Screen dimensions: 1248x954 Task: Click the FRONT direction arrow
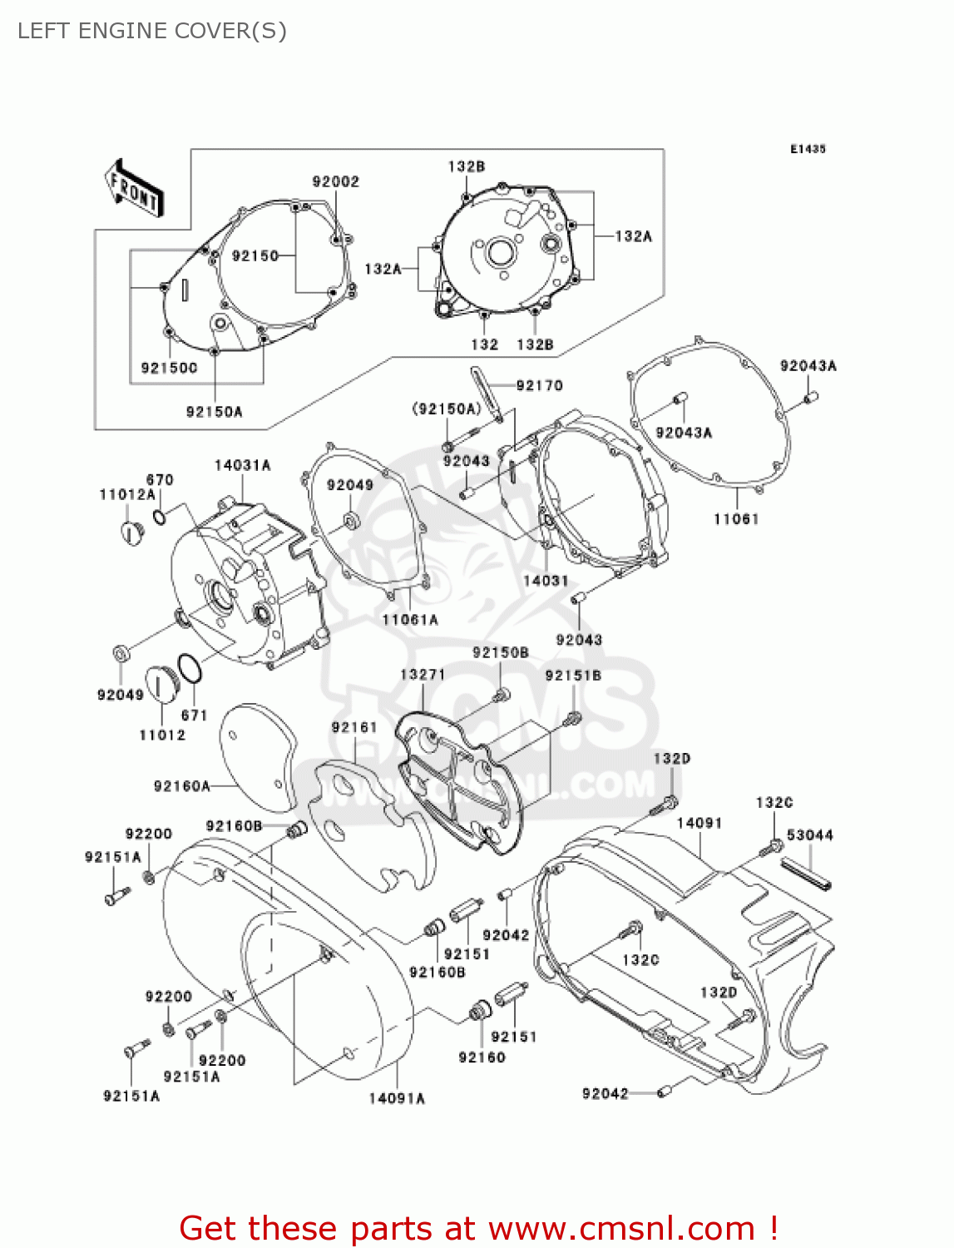click(x=133, y=189)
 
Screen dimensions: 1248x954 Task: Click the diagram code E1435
click(x=808, y=149)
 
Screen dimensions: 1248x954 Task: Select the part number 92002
click(x=336, y=181)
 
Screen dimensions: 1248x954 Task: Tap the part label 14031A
click(x=242, y=466)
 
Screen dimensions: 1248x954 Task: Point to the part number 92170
click(x=539, y=385)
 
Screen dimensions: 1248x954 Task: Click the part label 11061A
click(x=410, y=620)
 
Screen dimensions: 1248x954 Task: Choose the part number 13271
click(x=423, y=675)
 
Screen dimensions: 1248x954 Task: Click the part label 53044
click(x=809, y=834)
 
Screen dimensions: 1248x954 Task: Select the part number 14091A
click(x=397, y=1098)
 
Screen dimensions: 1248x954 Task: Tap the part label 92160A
click(x=182, y=786)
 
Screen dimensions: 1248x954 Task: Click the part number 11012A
click(x=127, y=494)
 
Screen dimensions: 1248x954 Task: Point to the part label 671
click(x=194, y=715)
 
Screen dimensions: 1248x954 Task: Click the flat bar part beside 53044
click(x=806, y=874)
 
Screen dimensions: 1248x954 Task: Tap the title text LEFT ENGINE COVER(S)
click(x=152, y=31)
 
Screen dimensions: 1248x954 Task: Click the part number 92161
click(x=354, y=727)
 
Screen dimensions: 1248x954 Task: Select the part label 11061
click(x=736, y=519)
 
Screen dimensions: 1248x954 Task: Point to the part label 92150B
click(x=501, y=653)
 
